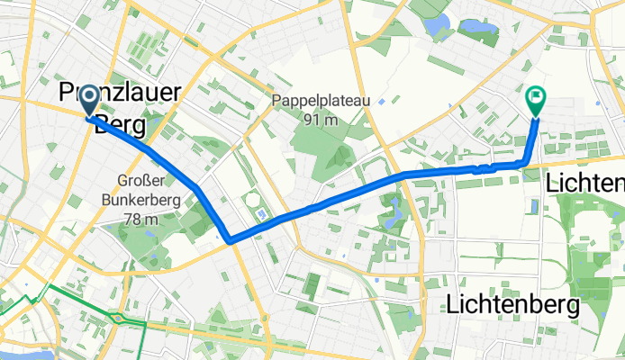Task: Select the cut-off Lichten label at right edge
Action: tap(585, 184)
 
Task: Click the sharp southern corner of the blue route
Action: tap(230, 239)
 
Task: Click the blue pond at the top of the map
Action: tap(439, 25)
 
